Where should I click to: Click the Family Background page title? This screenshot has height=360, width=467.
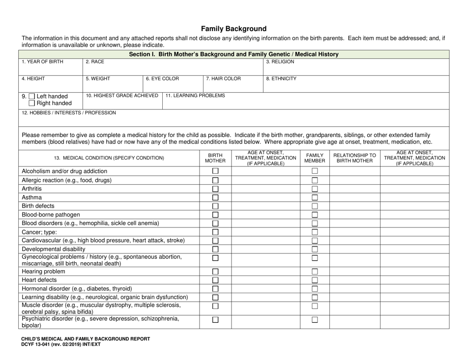[233, 28]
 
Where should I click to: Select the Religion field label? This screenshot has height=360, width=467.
[280, 62]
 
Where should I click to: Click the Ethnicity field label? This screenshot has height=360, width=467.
[281, 78]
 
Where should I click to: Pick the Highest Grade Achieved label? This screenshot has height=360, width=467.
[122, 95]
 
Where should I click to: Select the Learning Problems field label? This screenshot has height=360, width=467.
[195, 95]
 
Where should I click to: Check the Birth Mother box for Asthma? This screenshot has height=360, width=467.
[215, 197]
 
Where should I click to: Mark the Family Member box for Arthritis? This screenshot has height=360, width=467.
[315, 189]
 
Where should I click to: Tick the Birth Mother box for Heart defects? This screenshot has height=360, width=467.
[215, 280]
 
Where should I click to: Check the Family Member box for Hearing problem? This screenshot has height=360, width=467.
[315, 272]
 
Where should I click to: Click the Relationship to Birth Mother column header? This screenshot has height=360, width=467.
[354, 158]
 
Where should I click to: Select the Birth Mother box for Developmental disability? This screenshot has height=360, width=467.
[215, 249]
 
